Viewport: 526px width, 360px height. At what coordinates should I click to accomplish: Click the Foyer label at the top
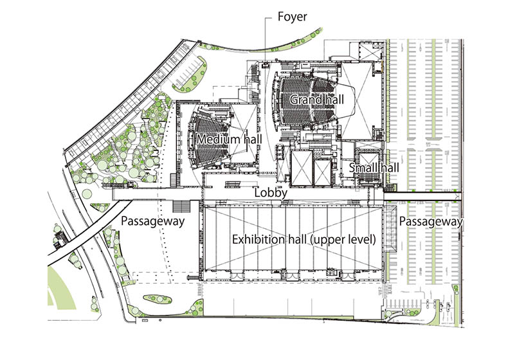click(292, 17)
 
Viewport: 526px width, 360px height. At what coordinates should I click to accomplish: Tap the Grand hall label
click(317, 100)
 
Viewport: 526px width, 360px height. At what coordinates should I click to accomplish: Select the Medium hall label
click(229, 139)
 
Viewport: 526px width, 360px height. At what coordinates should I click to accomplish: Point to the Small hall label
click(374, 167)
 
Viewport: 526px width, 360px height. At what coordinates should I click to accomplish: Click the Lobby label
click(271, 193)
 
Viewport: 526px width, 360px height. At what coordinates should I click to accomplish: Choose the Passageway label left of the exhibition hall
click(152, 221)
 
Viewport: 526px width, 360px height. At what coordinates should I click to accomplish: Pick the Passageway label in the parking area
click(431, 222)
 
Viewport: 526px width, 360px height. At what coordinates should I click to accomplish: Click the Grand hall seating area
click(307, 101)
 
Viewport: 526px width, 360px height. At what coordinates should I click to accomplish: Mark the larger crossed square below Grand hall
click(302, 168)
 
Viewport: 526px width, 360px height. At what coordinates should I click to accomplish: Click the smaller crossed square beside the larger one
click(323, 173)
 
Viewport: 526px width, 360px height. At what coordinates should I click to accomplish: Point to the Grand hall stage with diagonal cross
click(357, 101)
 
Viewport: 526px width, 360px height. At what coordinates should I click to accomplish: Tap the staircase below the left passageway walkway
click(181, 206)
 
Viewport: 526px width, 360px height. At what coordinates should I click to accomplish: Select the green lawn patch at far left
click(60, 288)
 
